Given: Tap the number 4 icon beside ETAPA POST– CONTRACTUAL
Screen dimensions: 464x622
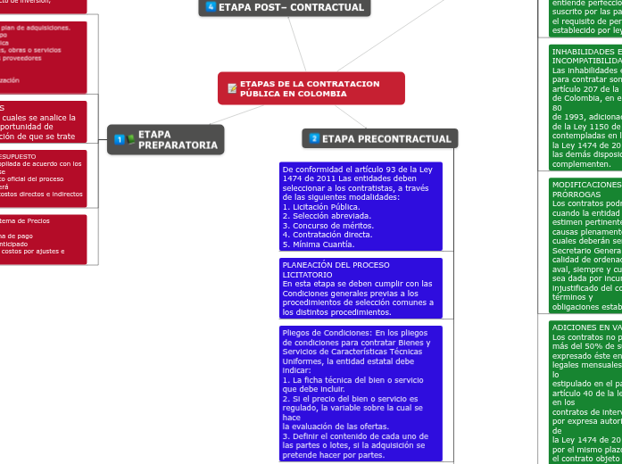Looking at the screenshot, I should (x=211, y=7).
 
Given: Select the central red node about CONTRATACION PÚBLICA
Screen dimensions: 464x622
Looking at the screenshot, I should (x=311, y=88).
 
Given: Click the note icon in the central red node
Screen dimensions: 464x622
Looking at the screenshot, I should (x=232, y=88).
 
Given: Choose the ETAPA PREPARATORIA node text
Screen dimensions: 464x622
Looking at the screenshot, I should (x=178, y=139).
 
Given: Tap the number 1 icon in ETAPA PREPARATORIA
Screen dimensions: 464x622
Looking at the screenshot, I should (x=120, y=139).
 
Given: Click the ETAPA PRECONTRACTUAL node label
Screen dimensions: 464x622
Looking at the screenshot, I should (x=386, y=138).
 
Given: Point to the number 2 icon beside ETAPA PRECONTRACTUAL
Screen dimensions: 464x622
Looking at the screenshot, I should (x=314, y=138).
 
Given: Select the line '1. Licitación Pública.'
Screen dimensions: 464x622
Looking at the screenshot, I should (x=320, y=206).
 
